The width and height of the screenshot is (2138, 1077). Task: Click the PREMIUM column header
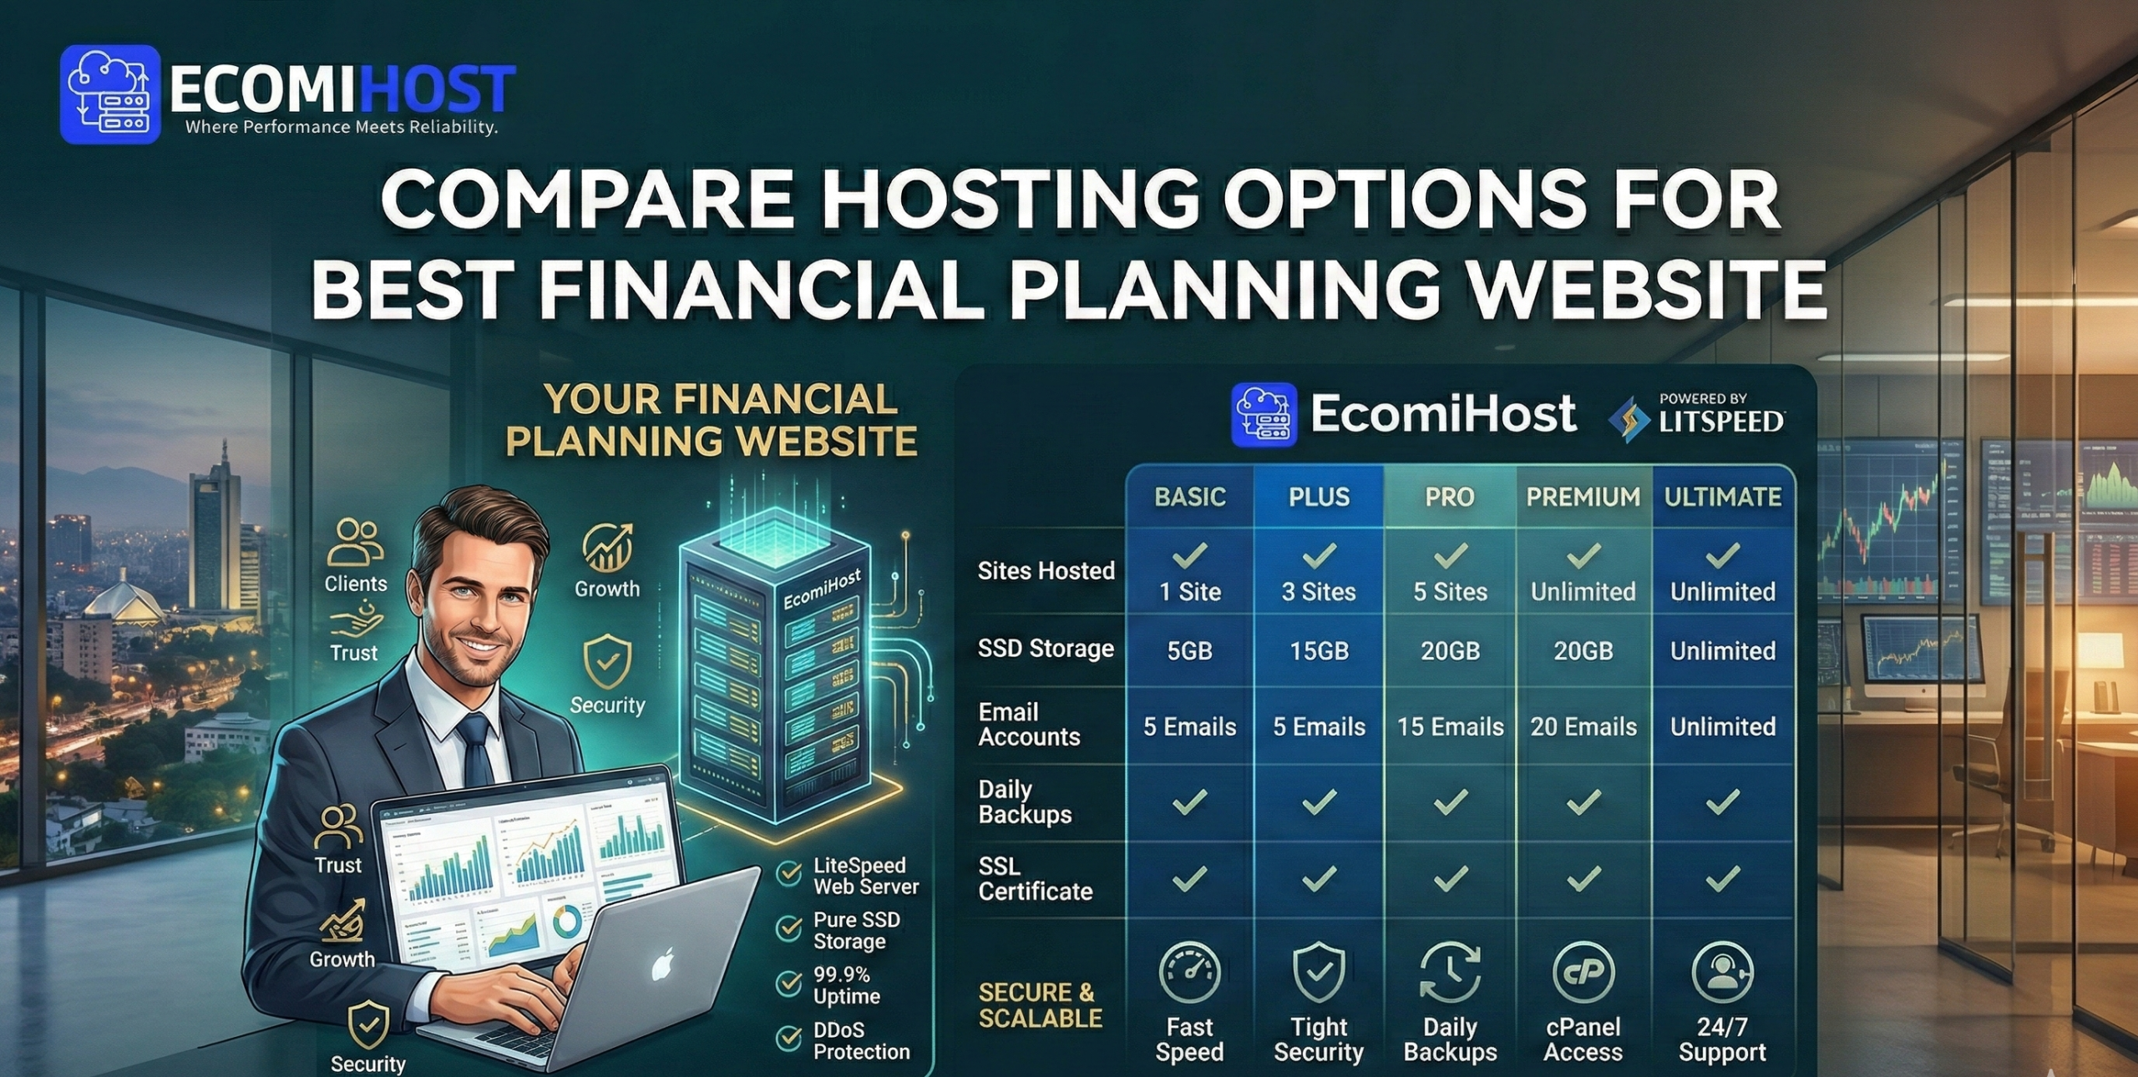pos(1583,498)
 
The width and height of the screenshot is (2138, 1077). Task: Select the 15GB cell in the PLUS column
pos(1319,651)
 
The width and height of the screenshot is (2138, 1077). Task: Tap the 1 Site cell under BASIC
pos(1189,592)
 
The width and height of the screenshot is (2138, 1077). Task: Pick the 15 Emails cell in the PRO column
pos(1450,727)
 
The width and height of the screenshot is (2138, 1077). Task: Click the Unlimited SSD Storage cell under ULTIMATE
pos(1722,651)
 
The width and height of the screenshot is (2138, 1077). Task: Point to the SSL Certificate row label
pos(1035,879)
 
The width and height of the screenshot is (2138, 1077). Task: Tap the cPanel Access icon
pos(1583,973)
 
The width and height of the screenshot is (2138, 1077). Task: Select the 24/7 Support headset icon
pos(1722,973)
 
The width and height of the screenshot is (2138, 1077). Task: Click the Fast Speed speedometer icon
pos(1189,973)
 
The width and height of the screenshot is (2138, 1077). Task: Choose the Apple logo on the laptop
pos(662,967)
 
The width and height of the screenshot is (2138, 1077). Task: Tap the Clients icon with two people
pos(356,543)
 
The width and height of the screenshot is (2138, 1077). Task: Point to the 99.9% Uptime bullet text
pos(846,986)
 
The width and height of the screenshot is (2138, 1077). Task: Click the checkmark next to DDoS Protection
pos(788,1039)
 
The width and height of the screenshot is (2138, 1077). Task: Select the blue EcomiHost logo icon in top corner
pos(110,94)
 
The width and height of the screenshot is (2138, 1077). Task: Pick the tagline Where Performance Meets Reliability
pos(341,128)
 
